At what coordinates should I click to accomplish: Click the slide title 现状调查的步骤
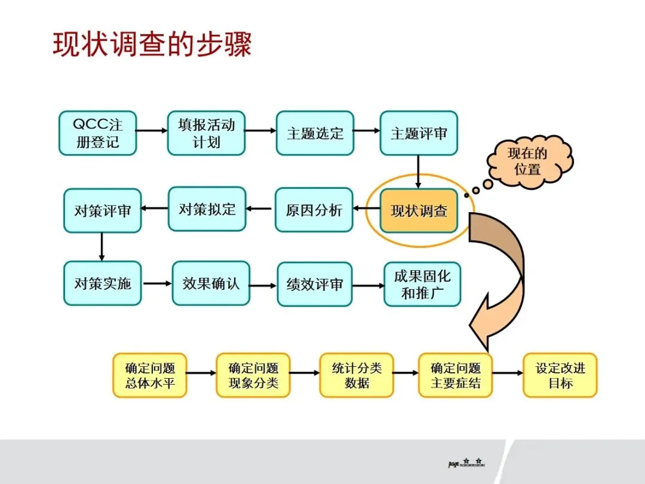152,45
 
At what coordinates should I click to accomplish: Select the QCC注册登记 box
97,133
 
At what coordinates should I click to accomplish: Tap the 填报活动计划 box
206,133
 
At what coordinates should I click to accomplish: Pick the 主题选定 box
315,133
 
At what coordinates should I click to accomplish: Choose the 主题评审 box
419,133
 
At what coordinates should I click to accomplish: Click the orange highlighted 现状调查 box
419,211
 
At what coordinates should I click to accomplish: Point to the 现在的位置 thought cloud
527,161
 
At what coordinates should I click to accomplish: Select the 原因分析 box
314,210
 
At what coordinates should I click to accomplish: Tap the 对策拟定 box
207,209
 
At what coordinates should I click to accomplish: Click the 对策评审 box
102,211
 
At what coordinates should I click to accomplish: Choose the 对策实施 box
102,283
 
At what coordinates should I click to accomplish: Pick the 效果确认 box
211,283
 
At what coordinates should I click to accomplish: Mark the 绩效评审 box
315,284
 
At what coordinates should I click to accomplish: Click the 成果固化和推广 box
422,284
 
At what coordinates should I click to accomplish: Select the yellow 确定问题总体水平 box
150,375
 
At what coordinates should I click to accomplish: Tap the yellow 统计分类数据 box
357,375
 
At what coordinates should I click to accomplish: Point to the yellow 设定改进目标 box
560,375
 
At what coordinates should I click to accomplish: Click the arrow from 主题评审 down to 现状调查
418,172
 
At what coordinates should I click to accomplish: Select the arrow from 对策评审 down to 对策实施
102,246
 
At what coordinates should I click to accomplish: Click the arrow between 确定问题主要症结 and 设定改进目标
508,373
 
